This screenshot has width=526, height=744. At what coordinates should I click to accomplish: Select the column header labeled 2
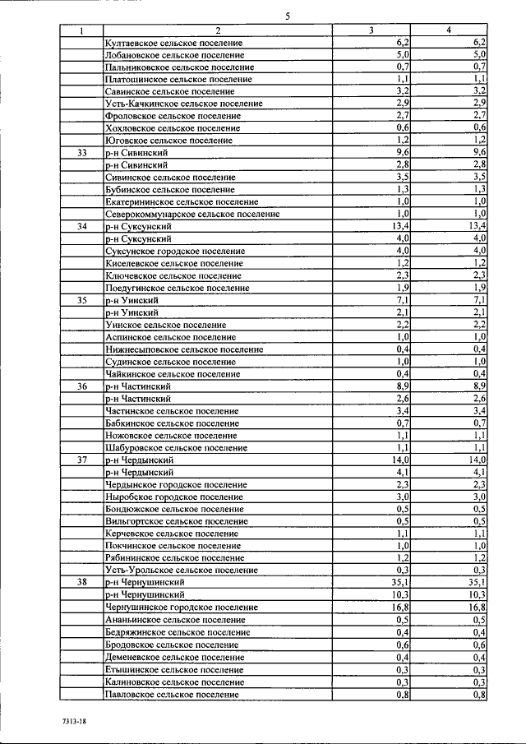218,30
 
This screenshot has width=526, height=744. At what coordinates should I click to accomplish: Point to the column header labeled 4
448,30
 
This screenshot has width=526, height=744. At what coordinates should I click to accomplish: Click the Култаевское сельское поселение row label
174,43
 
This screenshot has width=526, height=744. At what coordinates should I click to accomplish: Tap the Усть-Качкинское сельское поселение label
184,104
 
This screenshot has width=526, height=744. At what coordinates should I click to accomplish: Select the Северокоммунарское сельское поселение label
192,214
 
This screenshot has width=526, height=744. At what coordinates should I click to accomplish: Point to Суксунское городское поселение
175,251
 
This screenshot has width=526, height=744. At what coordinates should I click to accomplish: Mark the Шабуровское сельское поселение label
177,448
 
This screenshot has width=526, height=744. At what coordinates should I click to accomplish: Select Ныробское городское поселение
174,497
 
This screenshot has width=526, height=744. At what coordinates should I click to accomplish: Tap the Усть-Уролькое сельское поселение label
181,570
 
